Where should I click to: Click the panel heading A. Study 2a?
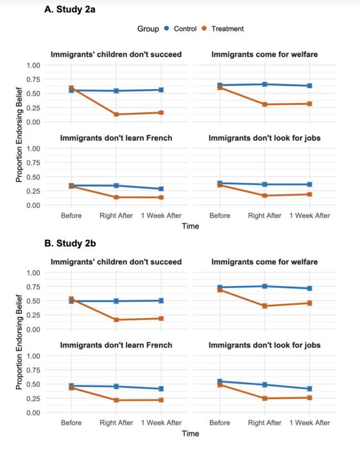(x=70, y=10)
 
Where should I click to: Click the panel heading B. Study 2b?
(x=70, y=244)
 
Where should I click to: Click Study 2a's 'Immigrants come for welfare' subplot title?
(x=264, y=55)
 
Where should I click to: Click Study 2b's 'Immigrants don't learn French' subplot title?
(x=116, y=345)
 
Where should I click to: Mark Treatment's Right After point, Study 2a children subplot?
(x=116, y=114)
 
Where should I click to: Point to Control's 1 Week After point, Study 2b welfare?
(x=309, y=289)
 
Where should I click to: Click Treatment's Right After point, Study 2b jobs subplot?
(x=264, y=398)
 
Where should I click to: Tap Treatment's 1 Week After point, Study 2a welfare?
(x=309, y=103)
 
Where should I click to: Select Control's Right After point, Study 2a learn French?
(x=116, y=185)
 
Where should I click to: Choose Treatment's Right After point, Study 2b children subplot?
(x=116, y=319)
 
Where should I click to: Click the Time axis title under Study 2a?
(x=190, y=226)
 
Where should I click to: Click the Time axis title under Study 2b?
(x=190, y=434)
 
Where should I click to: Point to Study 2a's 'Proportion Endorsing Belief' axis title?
(x=19, y=135)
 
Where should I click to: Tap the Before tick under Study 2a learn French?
(x=71, y=216)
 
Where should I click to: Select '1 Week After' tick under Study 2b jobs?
(x=309, y=423)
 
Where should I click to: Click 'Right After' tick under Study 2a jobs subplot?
(x=264, y=216)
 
